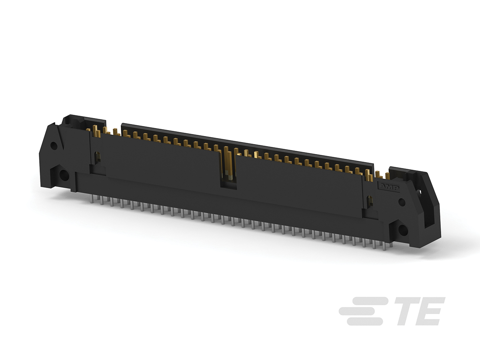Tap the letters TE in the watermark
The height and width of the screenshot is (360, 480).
[418, 311]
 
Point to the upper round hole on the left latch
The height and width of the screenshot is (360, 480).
[54, 146]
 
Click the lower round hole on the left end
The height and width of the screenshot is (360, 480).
[63, 175]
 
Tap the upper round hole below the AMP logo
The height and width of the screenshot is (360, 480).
[402, 202]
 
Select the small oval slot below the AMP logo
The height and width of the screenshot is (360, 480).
[370, 200]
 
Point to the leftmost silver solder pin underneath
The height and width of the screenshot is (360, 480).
[92, 199]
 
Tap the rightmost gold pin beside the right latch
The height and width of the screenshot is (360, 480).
[387, 176]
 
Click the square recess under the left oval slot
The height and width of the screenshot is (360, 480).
[97, 170]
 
